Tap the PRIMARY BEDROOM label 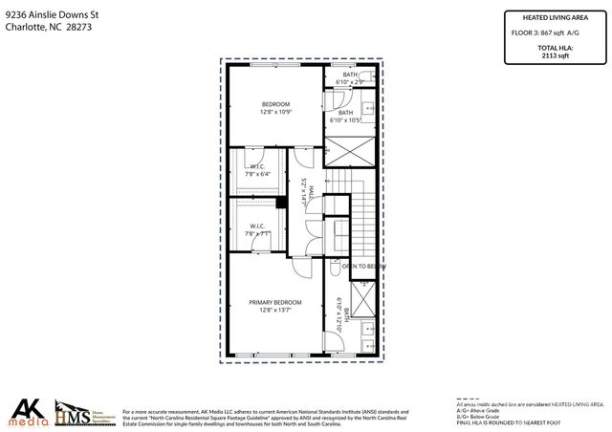[274, 302]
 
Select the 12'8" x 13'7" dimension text [274, 310]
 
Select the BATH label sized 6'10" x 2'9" [350, 75]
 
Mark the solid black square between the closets [281, 202]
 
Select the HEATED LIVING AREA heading [555, 16]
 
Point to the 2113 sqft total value [555, 55]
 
